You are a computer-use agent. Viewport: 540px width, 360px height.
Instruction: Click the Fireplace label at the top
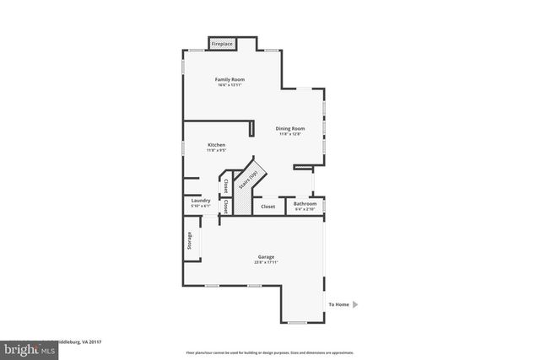pos(222,43)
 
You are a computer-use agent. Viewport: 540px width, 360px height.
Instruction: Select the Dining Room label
pos(290,128)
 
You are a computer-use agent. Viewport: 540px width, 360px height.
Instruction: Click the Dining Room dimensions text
pos(290,134)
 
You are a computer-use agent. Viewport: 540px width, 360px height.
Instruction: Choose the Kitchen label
pos(217,145)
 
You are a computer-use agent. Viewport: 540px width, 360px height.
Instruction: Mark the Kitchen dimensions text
pos(217,151)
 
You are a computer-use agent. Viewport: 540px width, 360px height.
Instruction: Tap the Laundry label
pos(201,201)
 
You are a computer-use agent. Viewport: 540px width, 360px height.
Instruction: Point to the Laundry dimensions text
pos(201,206)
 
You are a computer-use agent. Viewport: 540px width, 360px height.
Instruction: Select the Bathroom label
pos(305,203)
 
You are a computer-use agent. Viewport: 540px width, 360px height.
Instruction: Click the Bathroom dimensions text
pos(305,208)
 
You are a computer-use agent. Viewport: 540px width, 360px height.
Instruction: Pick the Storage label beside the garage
pos(190,241)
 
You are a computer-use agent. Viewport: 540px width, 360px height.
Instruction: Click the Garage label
pos(267,256)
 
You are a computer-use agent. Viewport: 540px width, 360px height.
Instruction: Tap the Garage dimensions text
pos(267,262)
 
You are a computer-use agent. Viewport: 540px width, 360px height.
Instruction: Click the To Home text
pos(338,304)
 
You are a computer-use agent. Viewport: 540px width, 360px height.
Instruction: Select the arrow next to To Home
pos(355,304)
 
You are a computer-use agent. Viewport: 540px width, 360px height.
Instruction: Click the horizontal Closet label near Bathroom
pos(267,206)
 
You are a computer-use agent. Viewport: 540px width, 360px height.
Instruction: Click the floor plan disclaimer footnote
pos(269,352)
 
